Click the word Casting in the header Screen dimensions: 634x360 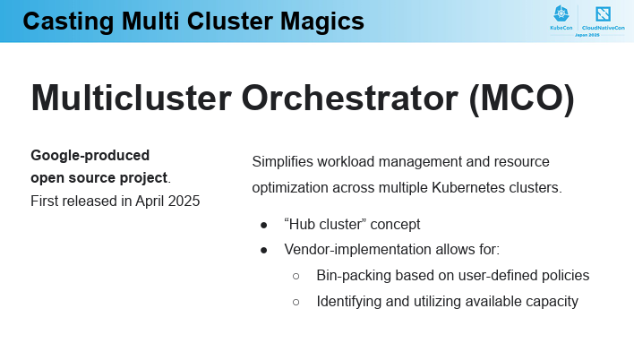[x=68, y=21]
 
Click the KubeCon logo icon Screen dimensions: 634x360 [x=561, y=13]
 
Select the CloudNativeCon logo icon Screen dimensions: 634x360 [x=603, y=14]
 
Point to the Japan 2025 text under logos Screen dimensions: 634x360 [x=587, y=35]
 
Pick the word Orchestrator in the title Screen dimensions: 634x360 [x=350, y=98]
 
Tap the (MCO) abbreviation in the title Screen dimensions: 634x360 [x=521, y=99]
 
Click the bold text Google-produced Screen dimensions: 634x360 [x=90, y=155]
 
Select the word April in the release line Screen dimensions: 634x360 [x=150, y=201]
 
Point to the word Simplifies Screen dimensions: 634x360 [x=283, y=162]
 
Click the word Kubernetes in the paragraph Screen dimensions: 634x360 [x=468, y=188]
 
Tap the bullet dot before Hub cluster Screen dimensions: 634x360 [x=264, y=226]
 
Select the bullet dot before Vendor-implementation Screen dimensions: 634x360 [x=264, y=251]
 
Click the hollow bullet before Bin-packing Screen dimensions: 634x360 [x=296, y=277]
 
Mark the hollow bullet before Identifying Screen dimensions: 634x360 [x=296, y=302]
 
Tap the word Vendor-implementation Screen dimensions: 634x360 [x=358, y=250]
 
